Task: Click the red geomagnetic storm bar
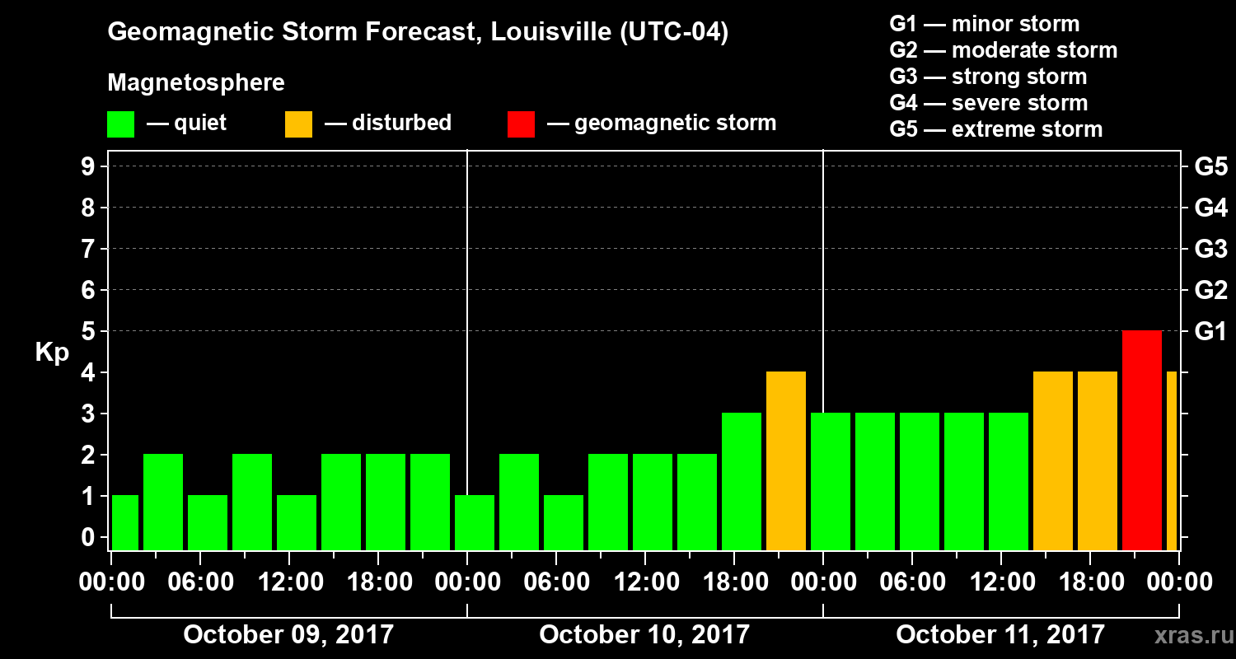[x=1141, y=440]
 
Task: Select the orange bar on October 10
[x=785, y=460]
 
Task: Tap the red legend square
[x=522, y=124]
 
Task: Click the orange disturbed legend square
[x=298, y=124]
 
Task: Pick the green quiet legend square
[x=121, y=124]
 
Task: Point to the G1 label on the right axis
[x=1210, y=331]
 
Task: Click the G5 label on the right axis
[x=1210, y=167]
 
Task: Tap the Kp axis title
[x=52, y=353]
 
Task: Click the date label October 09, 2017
[x=288, y=634]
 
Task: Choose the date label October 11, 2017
[x=1000, y=634]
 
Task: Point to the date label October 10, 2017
[x=644, y=634]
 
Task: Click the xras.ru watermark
[x=1187, y=635]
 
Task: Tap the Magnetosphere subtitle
[x=196, y=83]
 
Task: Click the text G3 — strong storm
[x=988, y=77]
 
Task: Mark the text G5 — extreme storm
[x=995, y=129]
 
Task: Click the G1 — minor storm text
[x=984, y=24]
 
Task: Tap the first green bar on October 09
[x=124, y=522]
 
